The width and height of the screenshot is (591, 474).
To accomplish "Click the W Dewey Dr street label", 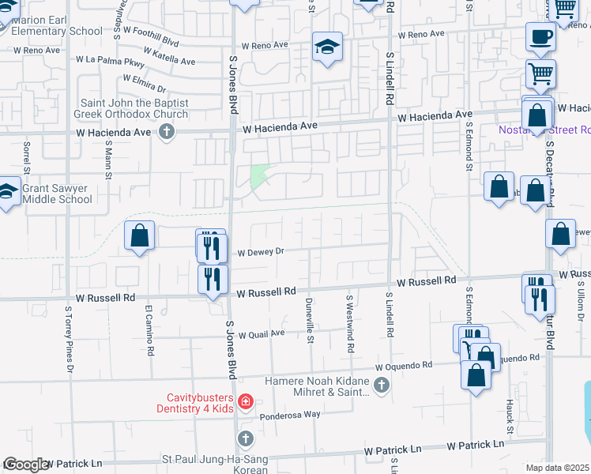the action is click(x=260, y=253).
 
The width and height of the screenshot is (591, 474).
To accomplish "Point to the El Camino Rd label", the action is click(x=149, y=331).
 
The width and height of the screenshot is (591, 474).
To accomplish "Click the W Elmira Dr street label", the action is click(x=144, y=84).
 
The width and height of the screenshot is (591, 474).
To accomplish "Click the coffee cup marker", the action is click(x=541, y=36).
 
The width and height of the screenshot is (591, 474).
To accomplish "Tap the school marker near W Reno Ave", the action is click(x=326, y=46).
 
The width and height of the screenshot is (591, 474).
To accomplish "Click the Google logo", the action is click(x=26, y=464).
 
